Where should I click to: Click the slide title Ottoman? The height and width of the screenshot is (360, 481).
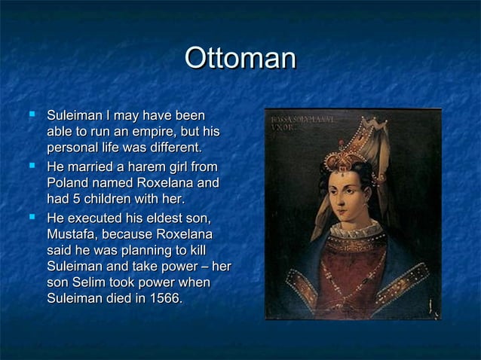240,59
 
